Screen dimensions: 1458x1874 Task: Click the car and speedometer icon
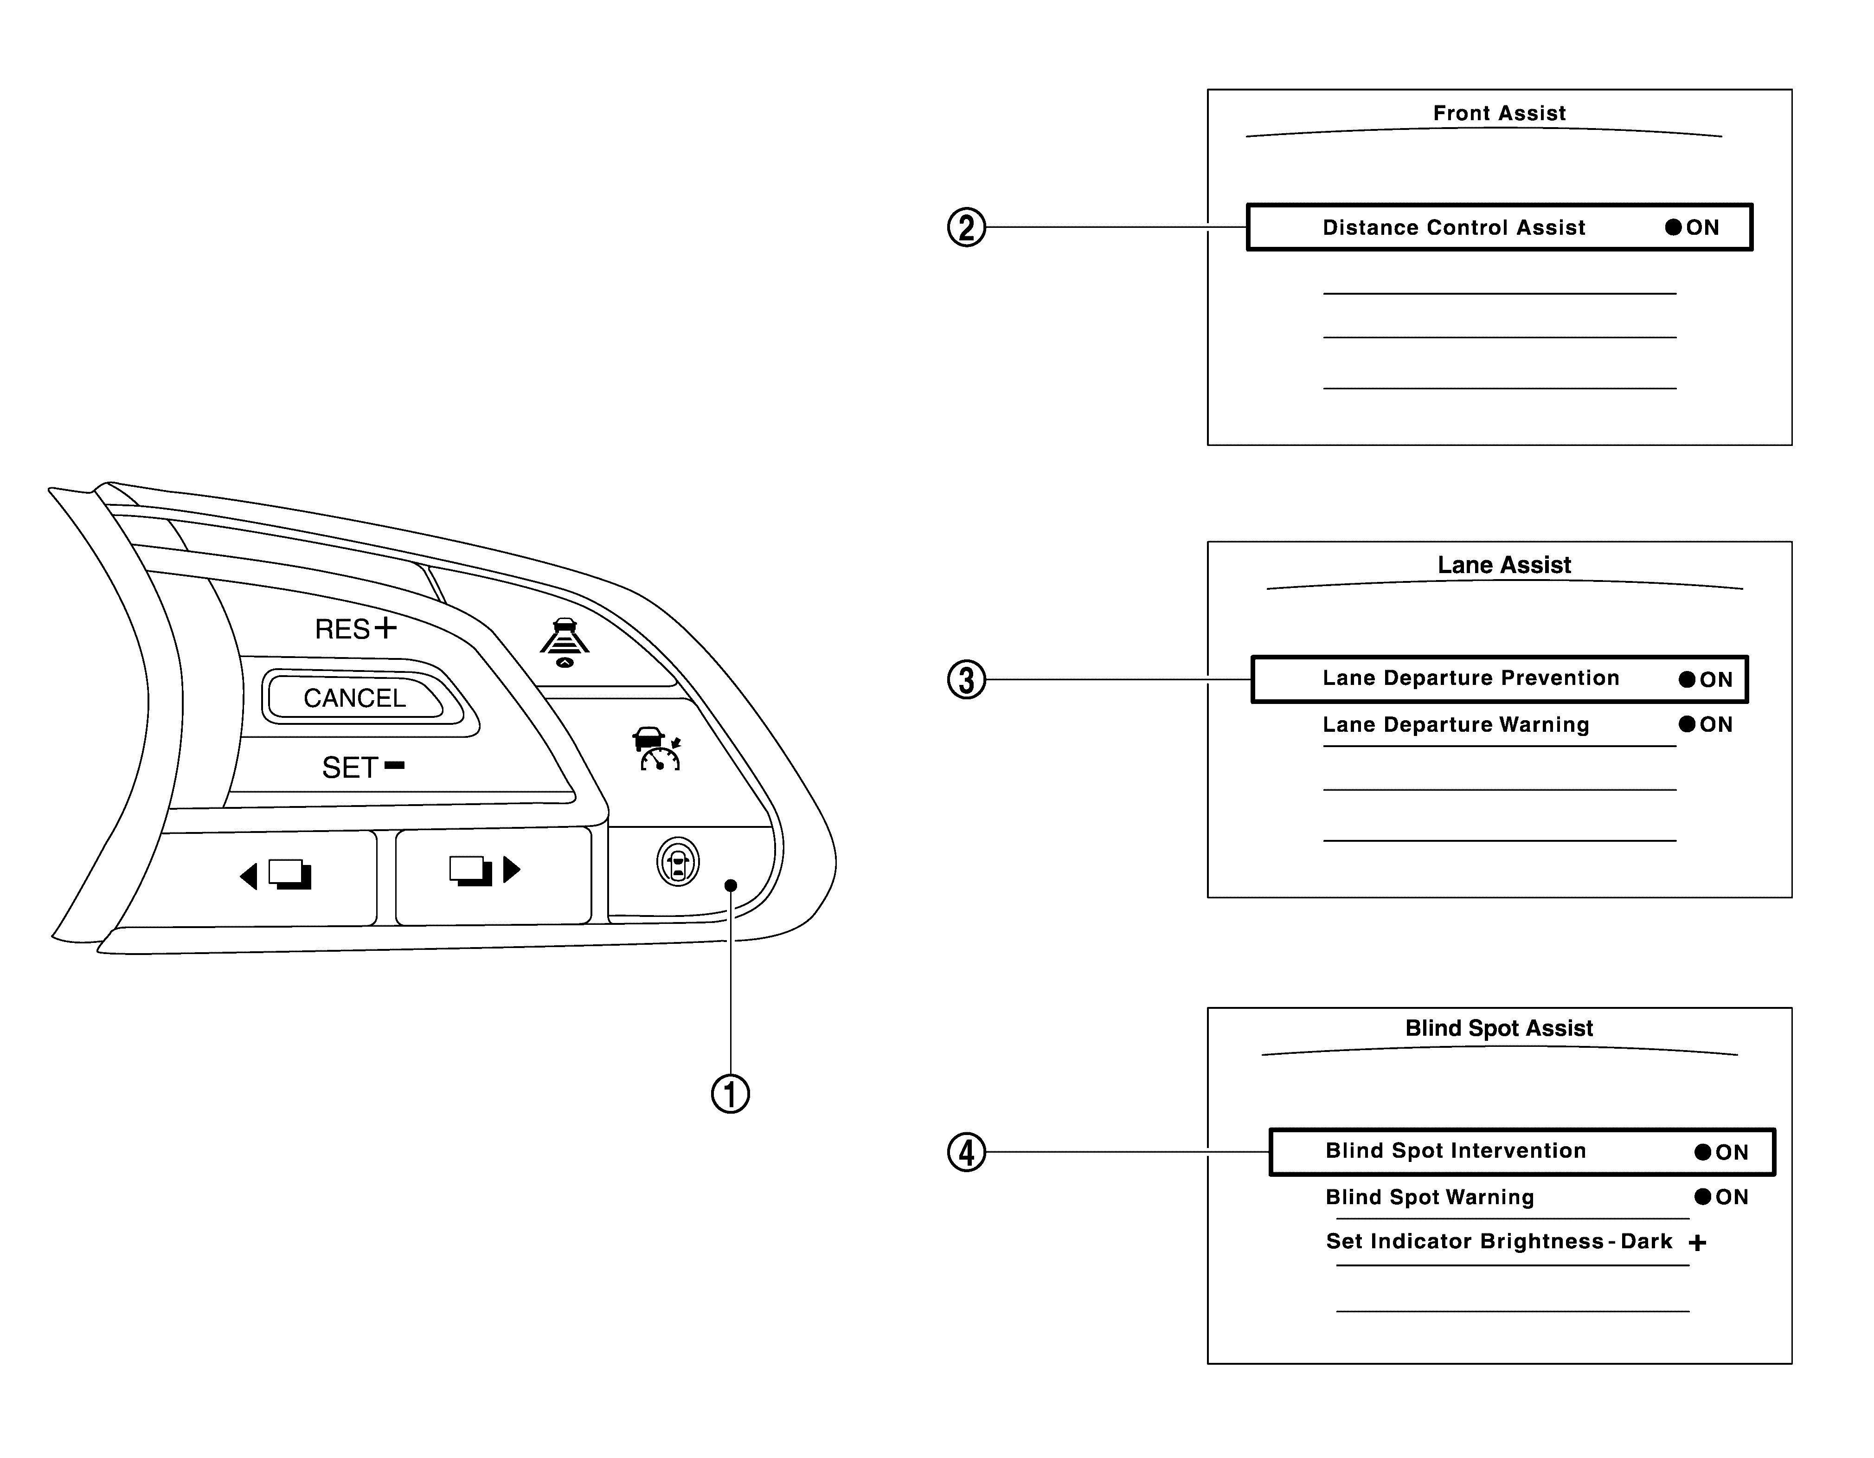click(x=656, y=748)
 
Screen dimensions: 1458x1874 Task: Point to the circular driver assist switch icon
click(x=678, y=863)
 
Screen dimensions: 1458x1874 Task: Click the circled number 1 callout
click(x=730, y=1094)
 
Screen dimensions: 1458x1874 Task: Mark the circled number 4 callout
click(x=966, y=1153)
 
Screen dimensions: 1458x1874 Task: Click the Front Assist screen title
click(x=1499, y=113)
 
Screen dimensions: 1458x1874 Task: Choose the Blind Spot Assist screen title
click(x=1499, y=1028)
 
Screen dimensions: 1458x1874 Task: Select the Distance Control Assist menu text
click(x=1454, y=227)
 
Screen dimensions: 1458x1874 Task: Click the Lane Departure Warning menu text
click(x=1455, y=725)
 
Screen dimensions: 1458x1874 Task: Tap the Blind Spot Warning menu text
click(x=1430, y=1197)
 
